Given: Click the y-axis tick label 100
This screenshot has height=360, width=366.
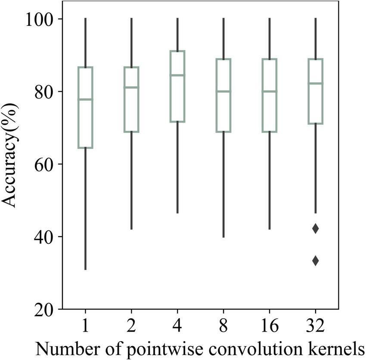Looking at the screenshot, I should [40, 19].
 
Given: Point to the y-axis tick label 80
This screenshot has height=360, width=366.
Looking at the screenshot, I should [45, 92].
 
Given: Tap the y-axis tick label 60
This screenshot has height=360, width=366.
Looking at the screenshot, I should [45, 164].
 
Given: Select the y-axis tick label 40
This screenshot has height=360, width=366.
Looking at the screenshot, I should [45, 237].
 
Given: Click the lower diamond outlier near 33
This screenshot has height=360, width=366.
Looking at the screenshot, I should [316, 260].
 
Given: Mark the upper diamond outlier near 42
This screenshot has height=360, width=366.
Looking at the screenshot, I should [316, 229].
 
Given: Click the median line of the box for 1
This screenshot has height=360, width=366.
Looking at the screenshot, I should [85, 99].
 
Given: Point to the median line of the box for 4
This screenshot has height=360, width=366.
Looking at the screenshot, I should [177, 75].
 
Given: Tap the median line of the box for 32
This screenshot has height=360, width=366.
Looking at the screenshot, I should [316, 83].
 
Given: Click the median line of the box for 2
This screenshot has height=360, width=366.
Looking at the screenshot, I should [131, 87].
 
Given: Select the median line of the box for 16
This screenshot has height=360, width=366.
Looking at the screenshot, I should [270, 91].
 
